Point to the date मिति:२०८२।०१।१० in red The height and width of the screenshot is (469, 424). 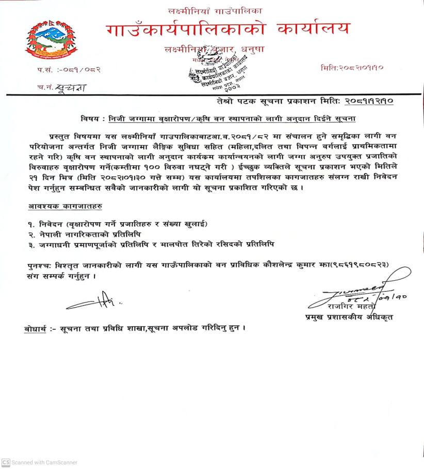click(x=351, y=68)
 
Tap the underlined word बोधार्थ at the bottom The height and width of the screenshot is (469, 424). click(x=38, y=328)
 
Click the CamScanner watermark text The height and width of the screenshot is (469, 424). click(x=40, y=462)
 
